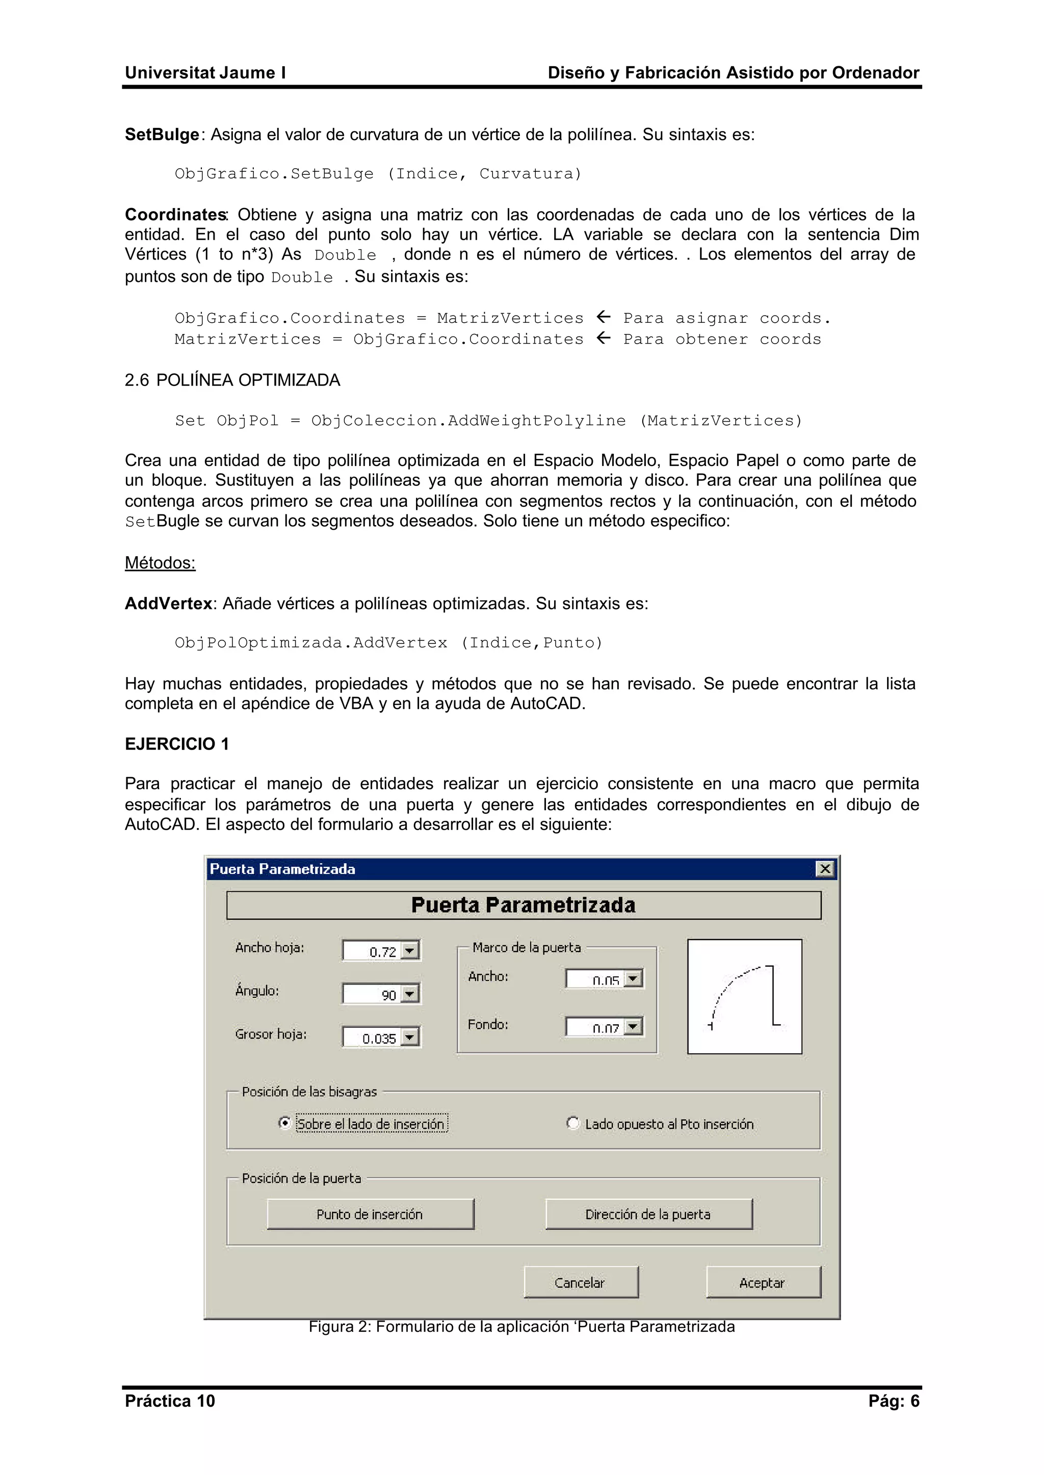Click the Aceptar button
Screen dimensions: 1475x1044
(763, 1282)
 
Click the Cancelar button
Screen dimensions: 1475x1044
(581, 1282)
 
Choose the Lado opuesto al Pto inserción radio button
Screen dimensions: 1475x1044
(572, 1123)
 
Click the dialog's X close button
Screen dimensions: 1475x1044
(825, 869)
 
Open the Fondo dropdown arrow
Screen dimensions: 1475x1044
(633, 1026)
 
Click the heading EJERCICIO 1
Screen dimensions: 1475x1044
(177, 744)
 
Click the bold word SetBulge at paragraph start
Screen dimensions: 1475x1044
(162, 135)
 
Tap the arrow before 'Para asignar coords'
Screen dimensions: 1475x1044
(603, 317)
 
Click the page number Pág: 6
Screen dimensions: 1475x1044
(894, 1401)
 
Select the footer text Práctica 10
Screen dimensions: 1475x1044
(170, 1401)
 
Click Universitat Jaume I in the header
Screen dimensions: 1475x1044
(205, 73)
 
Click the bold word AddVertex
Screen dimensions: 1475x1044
(168, 603)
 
